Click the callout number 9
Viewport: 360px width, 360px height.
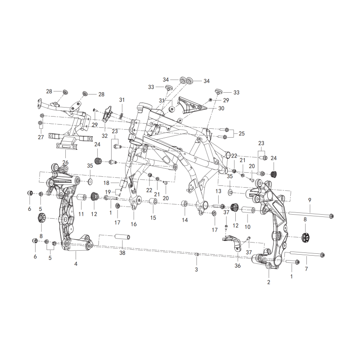(x=310, y=200)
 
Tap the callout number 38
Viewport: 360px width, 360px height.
(x=122, y=253)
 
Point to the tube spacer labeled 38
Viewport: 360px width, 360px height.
(x=122, y=237)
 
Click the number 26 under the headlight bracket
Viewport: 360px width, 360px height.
(x=65, y=162)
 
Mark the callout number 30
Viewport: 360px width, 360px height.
(x=221, y=108)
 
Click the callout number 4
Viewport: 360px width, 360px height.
(x=76, y=264)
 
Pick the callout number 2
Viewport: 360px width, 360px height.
(x=269, y=282)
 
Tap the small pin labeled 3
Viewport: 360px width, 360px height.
(x=197, y=254)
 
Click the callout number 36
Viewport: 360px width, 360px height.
(x=238, y=265)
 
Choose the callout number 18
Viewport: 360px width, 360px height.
(x=106, y=183)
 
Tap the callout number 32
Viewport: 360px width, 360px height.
(x=104, y=136)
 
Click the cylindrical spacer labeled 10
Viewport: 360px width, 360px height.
(x=247, y=210)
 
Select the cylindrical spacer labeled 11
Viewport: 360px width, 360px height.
(x=81, y=198)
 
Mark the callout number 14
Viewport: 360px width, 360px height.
(x=185, y=220)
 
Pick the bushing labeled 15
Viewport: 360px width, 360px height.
(x=153, y=201)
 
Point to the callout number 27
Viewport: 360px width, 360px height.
(x=41, y=137)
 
